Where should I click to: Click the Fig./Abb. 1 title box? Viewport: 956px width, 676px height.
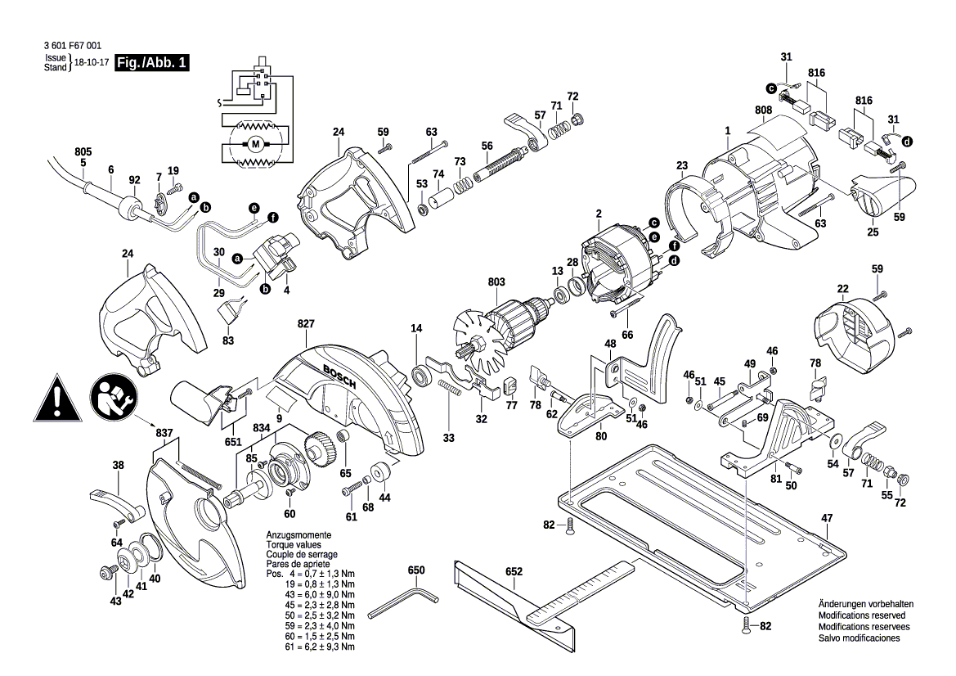152,63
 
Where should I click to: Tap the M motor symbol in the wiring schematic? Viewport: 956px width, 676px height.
255,145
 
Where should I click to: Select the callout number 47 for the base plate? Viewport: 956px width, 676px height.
827,518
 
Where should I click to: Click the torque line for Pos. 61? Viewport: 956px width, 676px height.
311,647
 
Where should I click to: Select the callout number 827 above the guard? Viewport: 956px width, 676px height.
306,325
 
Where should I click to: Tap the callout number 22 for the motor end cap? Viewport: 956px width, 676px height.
842,288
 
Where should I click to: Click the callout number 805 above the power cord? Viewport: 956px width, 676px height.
83,152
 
